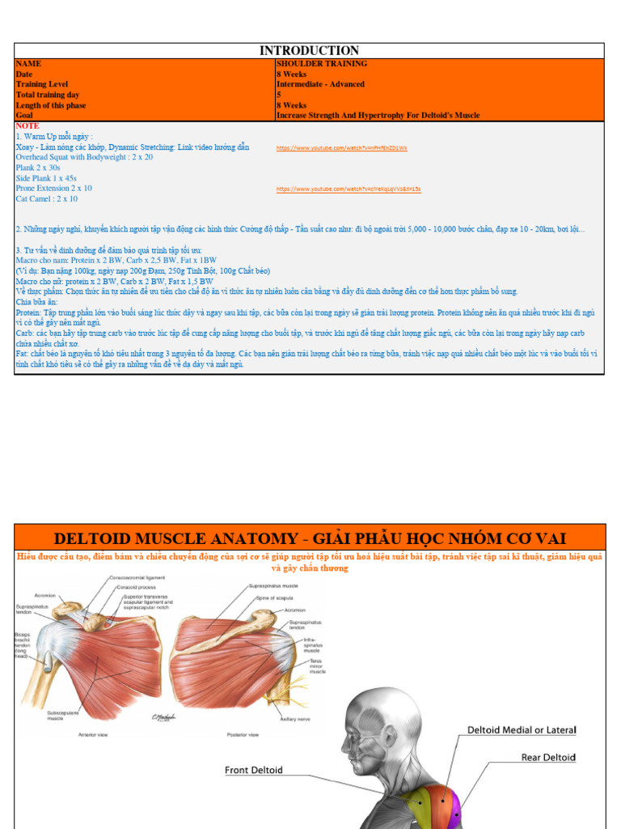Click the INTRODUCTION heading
309,50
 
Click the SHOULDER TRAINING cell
322,63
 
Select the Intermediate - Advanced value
320,84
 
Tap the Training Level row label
41,84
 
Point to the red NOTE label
27,126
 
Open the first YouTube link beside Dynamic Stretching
341,148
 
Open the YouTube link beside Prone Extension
349,189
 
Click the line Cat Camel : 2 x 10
47,198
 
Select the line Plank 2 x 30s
38,168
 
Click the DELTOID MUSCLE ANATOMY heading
310,538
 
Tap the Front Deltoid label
254,770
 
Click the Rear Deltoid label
548,758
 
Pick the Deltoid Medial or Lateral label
522,730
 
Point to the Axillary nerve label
294,718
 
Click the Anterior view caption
95,734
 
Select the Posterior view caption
243,734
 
